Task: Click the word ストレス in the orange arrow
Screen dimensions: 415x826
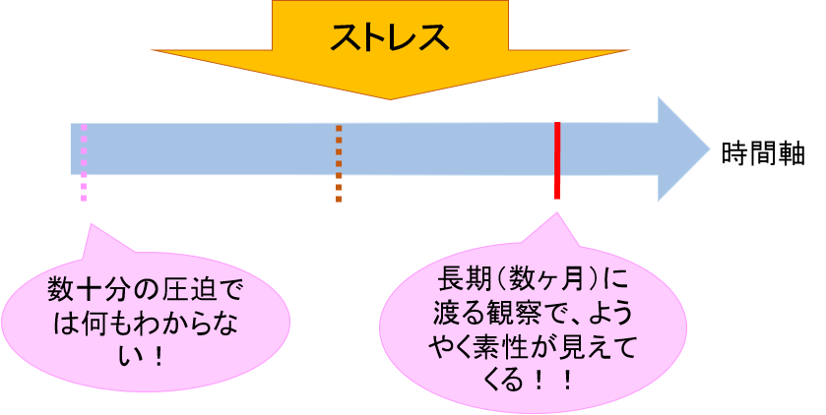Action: pyautogui.click(x=389, y=37)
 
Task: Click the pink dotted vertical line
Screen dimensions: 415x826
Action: pyautogui.click(x=84, y=162)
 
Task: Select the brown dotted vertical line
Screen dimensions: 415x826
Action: pyautogui.click(x=339, y=162)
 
